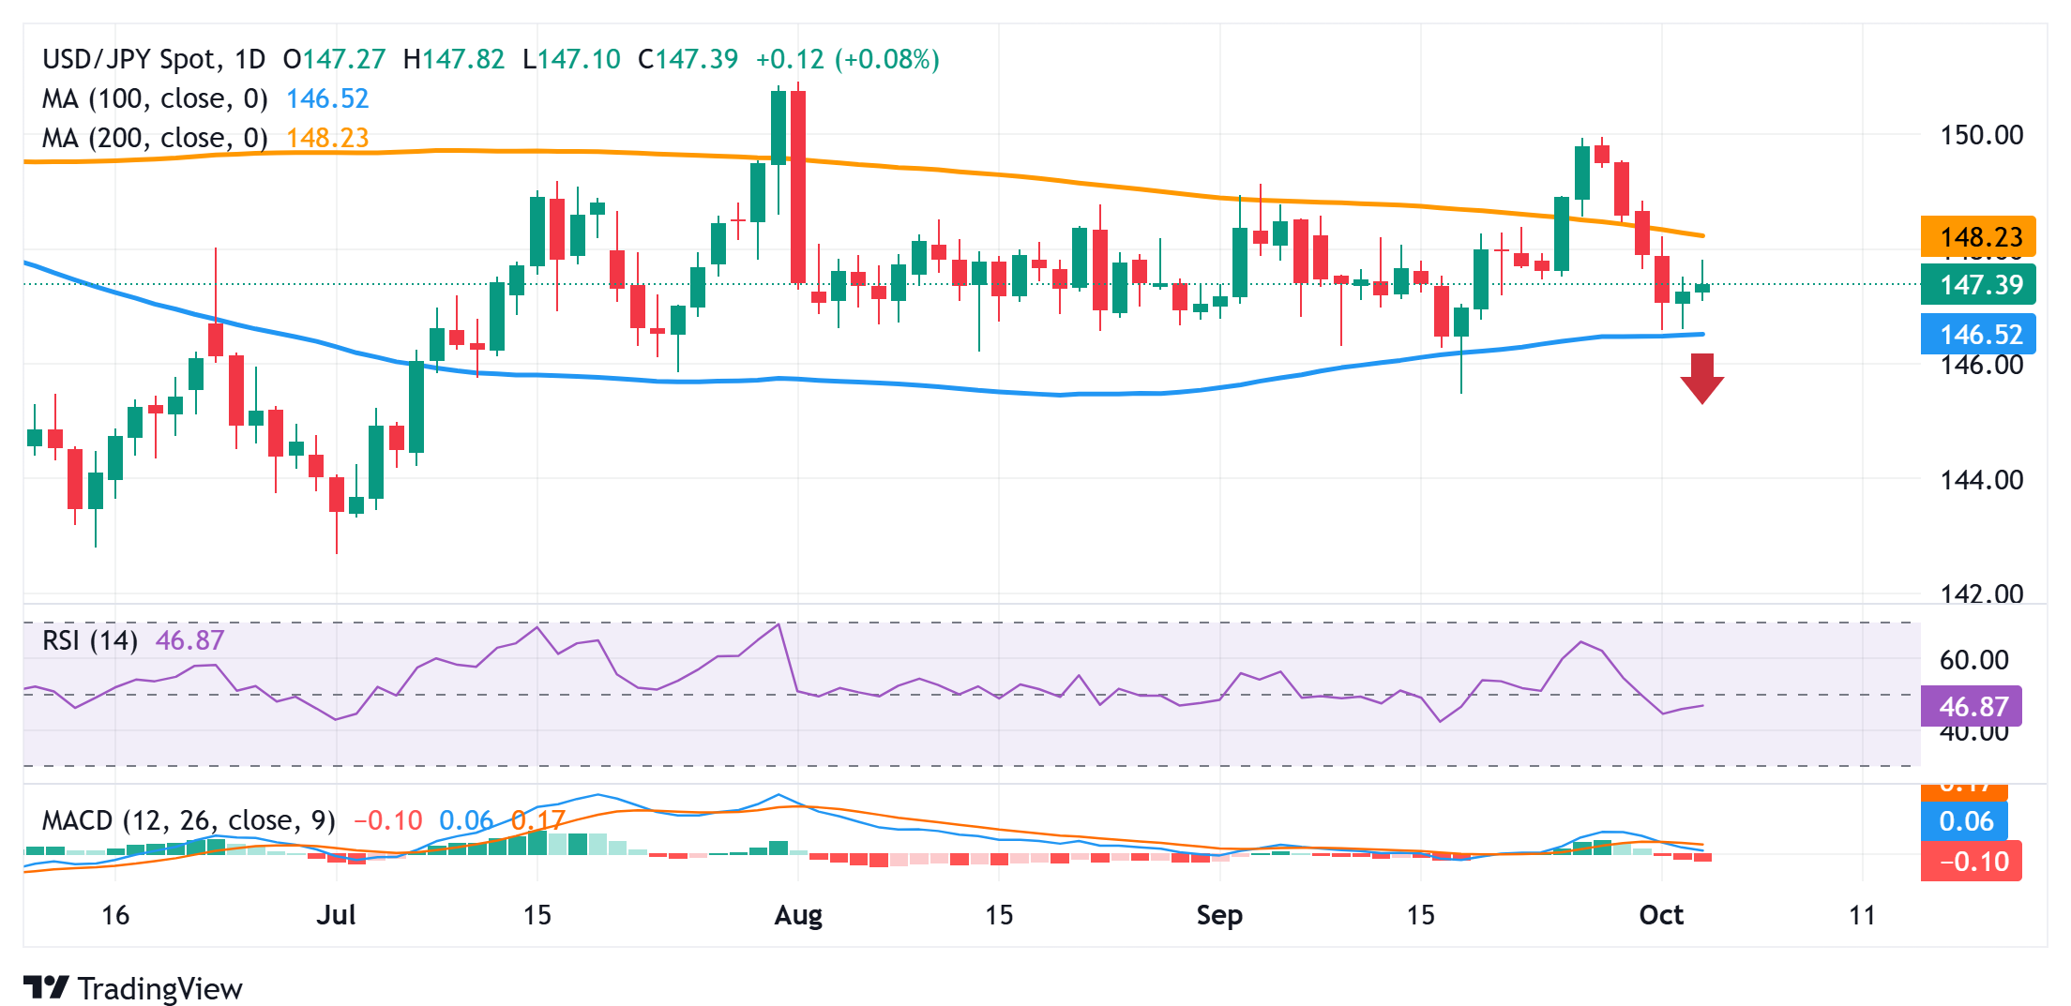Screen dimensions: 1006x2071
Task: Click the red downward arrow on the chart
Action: [x=1701, y=378]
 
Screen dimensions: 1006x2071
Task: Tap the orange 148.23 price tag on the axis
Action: [x=1978, y=236]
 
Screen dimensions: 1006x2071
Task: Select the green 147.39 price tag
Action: [x=1978, y=284]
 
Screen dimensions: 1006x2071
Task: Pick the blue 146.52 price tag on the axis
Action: [x=1978, y=334]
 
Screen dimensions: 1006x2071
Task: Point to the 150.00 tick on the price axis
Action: [x=1981, y=135]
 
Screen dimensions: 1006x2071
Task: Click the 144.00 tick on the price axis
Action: [x=1981, y=480]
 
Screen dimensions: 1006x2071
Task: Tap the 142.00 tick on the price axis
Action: [x=1981, y=593]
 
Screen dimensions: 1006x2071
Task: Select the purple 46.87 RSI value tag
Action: [x=1972, y=707]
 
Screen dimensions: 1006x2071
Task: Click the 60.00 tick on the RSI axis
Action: [x=1973, y=660]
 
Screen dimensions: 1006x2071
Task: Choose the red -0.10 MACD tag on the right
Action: [x=1972, y=862]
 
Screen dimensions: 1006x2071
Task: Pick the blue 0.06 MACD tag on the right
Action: [x=1965, y=822]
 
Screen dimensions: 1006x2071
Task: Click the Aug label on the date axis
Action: [x=798, y=915]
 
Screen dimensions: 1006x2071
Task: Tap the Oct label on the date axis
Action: [x=1661, y=915]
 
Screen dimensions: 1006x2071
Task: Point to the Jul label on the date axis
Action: [x=336, y=915]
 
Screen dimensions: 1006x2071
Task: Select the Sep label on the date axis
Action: [x=1219, y=915]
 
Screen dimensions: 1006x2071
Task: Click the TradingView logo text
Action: [x=159, y=989]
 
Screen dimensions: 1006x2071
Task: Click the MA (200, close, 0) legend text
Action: [x=155, y=139]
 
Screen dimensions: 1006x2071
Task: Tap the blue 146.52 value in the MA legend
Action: [x=327, y=98]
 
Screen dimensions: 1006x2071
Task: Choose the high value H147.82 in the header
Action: [x=454, y=59]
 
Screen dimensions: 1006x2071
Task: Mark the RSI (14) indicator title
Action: [x=90, y=640]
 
